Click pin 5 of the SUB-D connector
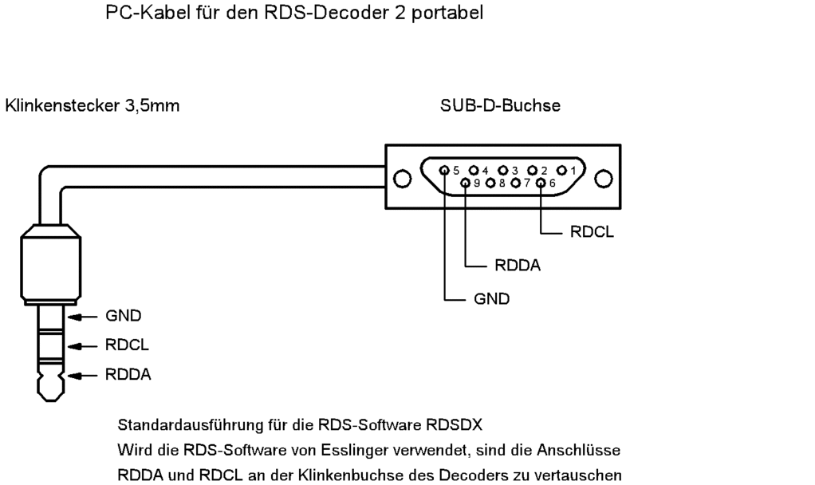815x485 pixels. pyautogui.click(x=445, y=170)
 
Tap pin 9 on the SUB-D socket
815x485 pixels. pyautogui.click(x=467, y=183)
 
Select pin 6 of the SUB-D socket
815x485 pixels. pyautogui.click(x=541, y=183)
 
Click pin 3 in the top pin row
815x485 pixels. pyautogui.click(x=504, y=170)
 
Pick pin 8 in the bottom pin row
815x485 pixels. pyautogui.click(x=491, y=183)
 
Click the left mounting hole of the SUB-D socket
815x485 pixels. pyautogui.click(x=402, y=178)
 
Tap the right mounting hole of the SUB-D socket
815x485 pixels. pyautogui.click(x=604, y=178)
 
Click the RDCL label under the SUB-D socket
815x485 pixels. pyautogui.click(x=593, y=234)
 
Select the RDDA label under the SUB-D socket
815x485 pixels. pyautogui.click(x=518, y=266)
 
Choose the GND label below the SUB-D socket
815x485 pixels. pyautogui.click(x=492, y=299)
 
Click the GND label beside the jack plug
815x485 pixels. pyautogui.click(x=124, y=316)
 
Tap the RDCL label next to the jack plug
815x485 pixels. pyautogui.click(x=127, y=345)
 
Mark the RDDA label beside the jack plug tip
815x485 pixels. pyautogui.click(x=128, y=375)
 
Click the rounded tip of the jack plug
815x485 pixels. pyautogui.click(x=49, y=388)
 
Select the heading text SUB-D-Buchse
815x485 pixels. pyautogui.click(x=500, y=105)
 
